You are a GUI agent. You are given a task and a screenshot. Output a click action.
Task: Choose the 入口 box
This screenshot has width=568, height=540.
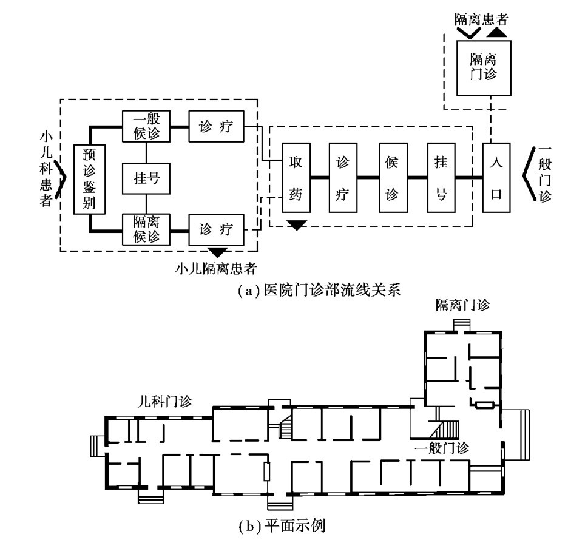pos(496,177)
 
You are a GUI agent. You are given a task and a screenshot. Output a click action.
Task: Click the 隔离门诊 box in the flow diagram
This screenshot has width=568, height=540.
pos(483,68)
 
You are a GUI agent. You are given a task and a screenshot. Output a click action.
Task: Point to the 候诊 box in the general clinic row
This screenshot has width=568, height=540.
pos(392,177)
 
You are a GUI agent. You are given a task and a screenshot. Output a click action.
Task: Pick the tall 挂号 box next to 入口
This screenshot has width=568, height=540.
pos(442,177)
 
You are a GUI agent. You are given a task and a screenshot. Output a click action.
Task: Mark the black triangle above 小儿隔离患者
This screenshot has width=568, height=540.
pos(217,251)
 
